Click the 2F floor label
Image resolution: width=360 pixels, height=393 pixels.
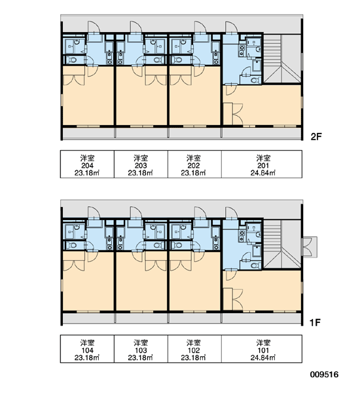tap(316, 137)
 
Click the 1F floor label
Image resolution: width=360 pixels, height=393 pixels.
tap(315, 322)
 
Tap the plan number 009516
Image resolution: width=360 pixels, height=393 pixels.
tap(324, 375)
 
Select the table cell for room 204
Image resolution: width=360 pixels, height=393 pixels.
tap(87, 164)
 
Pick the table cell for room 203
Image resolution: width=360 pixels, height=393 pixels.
tap(141, 164)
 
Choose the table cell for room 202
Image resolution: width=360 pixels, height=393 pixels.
tap(194, 164)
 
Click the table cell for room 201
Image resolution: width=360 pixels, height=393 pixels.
tap(262, 164)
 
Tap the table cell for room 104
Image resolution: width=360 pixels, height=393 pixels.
tap(87, 349)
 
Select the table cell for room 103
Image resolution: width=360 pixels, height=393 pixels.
tap(141, 349)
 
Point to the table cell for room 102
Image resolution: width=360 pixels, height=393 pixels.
tap(194, 349)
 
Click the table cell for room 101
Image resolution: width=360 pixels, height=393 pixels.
tap(262, 349)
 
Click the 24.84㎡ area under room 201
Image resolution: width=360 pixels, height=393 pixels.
tap(262, 173)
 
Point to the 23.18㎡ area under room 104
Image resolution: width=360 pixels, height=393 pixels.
tap(86, 358)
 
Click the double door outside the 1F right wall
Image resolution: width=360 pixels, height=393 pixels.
tap(310, 247)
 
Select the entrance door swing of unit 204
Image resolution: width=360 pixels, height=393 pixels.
tap(94, 28)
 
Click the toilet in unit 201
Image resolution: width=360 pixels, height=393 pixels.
tap(255, 81)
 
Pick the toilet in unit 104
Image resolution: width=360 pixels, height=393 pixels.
tap(73, 245)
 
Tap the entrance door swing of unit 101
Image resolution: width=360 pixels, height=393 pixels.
tap(231, 213)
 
